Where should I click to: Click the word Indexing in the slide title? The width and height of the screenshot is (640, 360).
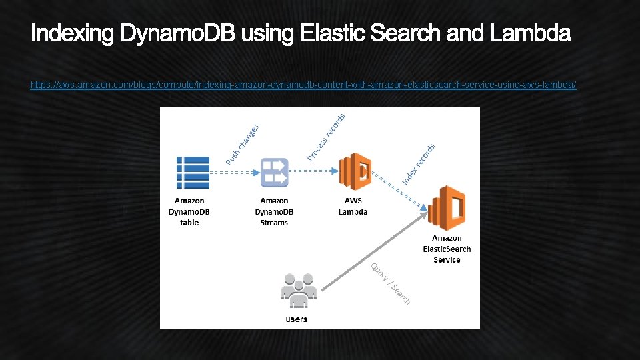point(73,33)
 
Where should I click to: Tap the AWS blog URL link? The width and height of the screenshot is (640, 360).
point(303,85)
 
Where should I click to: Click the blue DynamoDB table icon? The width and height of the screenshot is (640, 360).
point(192,172)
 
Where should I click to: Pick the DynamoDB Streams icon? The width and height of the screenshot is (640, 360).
point(274,172)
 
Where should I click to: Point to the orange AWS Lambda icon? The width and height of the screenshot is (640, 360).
point(354,172)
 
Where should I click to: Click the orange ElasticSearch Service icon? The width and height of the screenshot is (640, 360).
point(446,207)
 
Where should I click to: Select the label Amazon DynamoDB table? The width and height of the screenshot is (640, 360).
point(189,211)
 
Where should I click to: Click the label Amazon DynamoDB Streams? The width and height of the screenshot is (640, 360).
point(274,211)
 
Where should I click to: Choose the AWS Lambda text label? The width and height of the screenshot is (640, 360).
point(353,206)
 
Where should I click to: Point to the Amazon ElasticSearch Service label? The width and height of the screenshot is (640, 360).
point(447,249)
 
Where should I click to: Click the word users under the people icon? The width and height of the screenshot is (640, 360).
point(297,319)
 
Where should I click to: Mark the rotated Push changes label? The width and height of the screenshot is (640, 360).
point(242,145)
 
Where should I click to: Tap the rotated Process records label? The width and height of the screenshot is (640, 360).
point(326,137)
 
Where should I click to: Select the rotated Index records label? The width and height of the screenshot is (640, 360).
point(419,164)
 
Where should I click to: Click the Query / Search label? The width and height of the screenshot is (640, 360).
point(391,283)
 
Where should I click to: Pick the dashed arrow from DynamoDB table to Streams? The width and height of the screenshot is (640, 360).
point(234,171)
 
